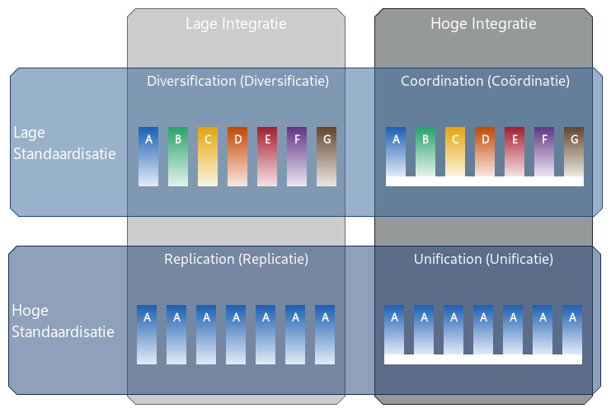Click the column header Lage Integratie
236,24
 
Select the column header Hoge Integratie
483,24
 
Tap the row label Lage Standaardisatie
64,143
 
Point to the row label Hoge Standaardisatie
63,321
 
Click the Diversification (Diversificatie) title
237,81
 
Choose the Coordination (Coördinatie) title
485,81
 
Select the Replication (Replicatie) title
236,259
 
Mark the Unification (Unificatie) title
483,259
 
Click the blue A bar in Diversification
148,156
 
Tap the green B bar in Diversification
178,156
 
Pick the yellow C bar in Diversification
208,156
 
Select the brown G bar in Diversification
327,156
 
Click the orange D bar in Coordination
485,152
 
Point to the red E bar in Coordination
515,152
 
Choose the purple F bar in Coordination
544,152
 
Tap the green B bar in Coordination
425,152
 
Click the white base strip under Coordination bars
485,181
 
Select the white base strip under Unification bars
483,359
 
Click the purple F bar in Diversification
297,156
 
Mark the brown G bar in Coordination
574,152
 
